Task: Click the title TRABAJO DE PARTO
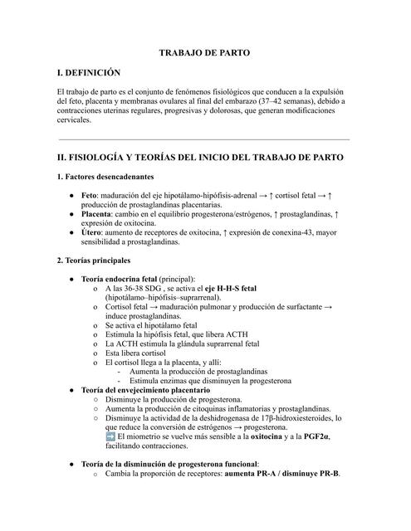click(x=204, y=52)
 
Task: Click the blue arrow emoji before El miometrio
click(x=110, y=436)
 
